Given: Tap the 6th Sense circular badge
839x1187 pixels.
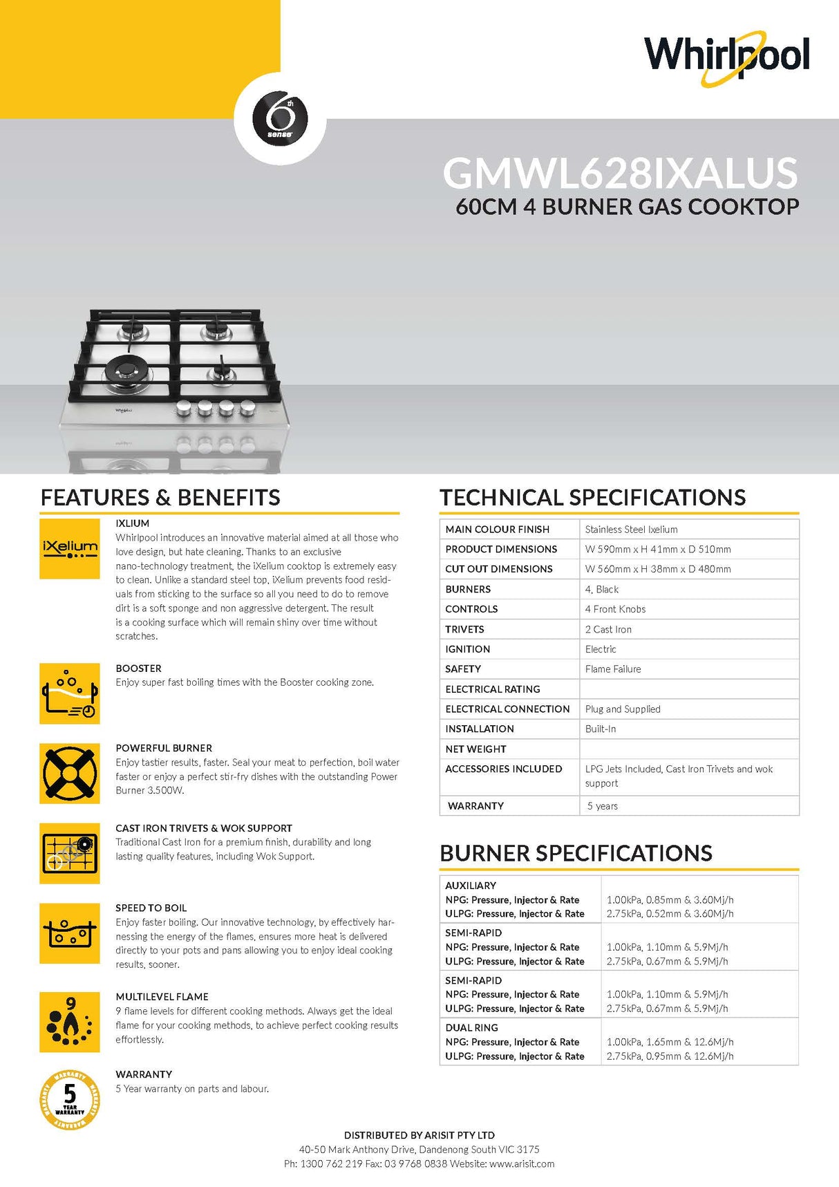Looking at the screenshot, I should (281, 118).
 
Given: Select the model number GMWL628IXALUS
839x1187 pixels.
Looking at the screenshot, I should (620, 173).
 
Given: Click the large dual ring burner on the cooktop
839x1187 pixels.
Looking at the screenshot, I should (128, 371).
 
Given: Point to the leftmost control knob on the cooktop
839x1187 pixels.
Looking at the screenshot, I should (185, 409).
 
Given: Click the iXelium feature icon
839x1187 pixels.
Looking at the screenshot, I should (70, 549).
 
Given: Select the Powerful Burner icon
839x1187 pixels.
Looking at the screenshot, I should (70, 774).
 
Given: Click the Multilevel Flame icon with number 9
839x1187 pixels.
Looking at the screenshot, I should (70, 1022).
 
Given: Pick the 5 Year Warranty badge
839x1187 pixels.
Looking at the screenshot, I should (70, 1099).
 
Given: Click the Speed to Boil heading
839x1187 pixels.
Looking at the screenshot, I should (151, 908).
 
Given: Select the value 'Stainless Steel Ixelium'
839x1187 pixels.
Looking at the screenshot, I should (631, 530).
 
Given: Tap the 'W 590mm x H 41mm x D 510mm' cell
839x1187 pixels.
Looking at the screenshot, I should (657, 550).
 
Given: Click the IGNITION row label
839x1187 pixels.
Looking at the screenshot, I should (468, 649).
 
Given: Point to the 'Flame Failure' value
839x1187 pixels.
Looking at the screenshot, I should (613, 669).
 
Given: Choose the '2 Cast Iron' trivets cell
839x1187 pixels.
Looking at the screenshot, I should (608, 629).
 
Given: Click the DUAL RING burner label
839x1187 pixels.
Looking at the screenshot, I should (471, 1028).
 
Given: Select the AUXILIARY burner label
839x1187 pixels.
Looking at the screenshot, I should (471, 886).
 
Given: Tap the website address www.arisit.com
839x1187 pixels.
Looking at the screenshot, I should (522, 1163).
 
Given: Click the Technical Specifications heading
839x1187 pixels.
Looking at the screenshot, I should (592, 498).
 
